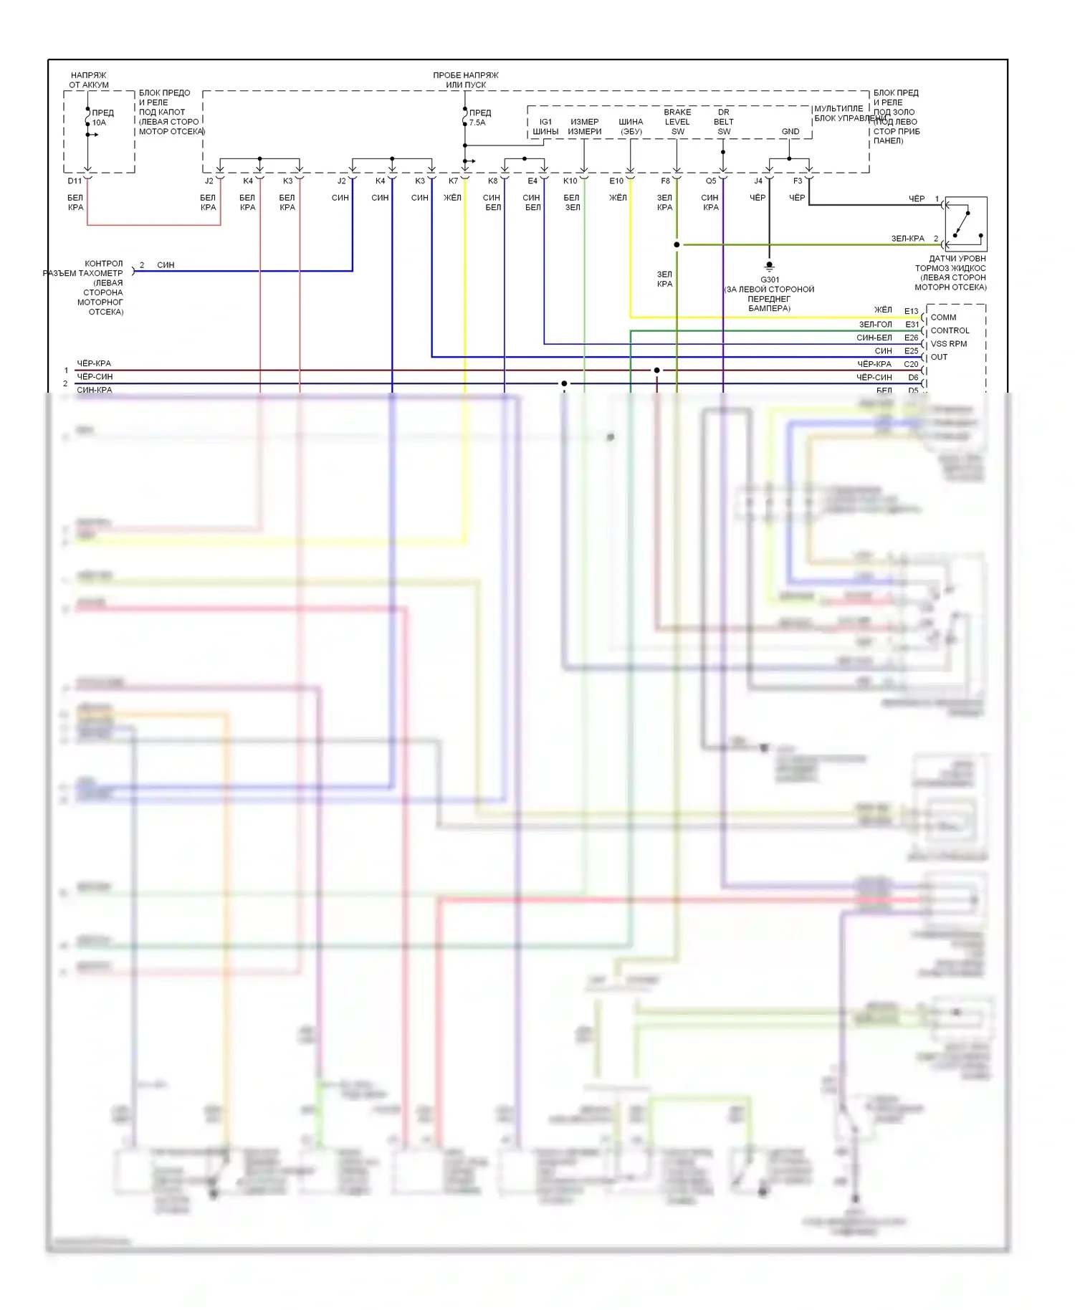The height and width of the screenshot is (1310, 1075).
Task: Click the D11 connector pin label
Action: click(x=75, y=181)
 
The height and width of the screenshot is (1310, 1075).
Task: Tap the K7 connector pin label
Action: click(x=453, y=181)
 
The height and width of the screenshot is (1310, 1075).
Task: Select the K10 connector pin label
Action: click(x=570, y=181)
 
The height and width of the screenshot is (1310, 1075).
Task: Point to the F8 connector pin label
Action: click(x=666, y=181)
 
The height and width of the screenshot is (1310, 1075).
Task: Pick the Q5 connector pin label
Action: click(x=711, y=181)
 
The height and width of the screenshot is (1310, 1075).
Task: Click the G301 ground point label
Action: click(x=770, y=279)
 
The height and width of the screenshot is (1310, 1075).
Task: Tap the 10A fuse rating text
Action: click(x=99, y=123)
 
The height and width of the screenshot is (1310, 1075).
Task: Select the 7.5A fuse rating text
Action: click(x=477, y=123)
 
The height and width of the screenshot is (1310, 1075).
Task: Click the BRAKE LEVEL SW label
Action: click(x=677, y=122)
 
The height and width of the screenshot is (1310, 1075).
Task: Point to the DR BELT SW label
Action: click(x=724, y=122)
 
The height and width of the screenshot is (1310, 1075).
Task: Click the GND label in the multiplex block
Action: click(x=790, y=132)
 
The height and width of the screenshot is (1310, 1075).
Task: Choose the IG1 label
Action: click(x=545, y=122)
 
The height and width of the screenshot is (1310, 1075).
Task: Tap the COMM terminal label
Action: click(x=943, y=317)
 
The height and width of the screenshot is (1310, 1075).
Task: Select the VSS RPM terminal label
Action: click(x=948, y=344)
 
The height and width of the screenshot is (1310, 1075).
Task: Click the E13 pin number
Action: click(x=911, y=311)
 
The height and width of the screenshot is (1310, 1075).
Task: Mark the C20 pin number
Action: click(x=911, y=364)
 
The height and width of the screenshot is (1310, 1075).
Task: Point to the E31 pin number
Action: click(x=912, y=325)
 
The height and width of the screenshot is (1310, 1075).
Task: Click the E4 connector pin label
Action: click(x=532, y=181)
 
